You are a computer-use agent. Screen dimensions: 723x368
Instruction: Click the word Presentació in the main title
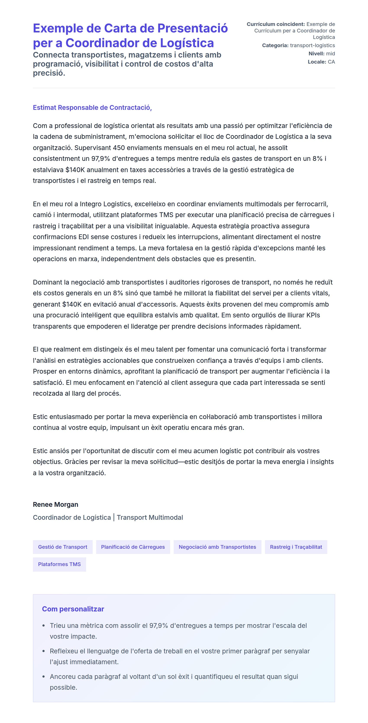pyautogui.click(x=192, y=28)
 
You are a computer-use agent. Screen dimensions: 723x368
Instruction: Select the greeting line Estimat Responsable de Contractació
pyautogui.click(x=92, y=107)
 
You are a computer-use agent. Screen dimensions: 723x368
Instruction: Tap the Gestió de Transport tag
pyautogui.click(x=63, y=547)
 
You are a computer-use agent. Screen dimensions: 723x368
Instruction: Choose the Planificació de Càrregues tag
pyautogui.click(x=133, y=547)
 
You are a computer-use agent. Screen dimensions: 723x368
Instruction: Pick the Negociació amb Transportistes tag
pyautogui.click(x=217, y=547)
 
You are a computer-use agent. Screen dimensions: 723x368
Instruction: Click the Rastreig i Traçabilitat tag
pyautogui.click(x=296, y=547)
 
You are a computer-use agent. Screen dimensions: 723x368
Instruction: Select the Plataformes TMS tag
pyautogui.click(x=59, y=564)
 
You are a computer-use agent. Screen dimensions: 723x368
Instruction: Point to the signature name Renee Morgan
pyautogui.click(x=55, y=504)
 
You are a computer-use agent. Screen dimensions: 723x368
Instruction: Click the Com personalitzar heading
pyautogui.click(x=73, y=609)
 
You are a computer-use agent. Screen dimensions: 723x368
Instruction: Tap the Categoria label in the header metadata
pyautogui.click(x=275, y=45)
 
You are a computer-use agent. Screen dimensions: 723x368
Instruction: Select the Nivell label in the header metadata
pyautogui.click(x=316, y=54)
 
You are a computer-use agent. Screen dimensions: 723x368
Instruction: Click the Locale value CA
pyautogui.click(x=331, y=62)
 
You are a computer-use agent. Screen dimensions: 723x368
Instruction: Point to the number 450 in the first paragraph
pyautogui.click(x=119, y=148)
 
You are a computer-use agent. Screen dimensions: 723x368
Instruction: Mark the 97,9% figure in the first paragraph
pyautogui.click(x=101, y=158)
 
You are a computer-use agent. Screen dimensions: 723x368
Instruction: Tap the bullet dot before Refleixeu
pyautogui.click(x=44, y=651)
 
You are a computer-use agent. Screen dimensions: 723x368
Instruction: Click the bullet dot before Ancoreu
pyautogui.click(x=44, y=677)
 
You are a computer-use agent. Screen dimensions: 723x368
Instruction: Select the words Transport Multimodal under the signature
pyautogui.click(x=150, y=517)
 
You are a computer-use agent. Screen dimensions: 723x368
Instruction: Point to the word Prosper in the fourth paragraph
pyautogui.click(x=44, y=371)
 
